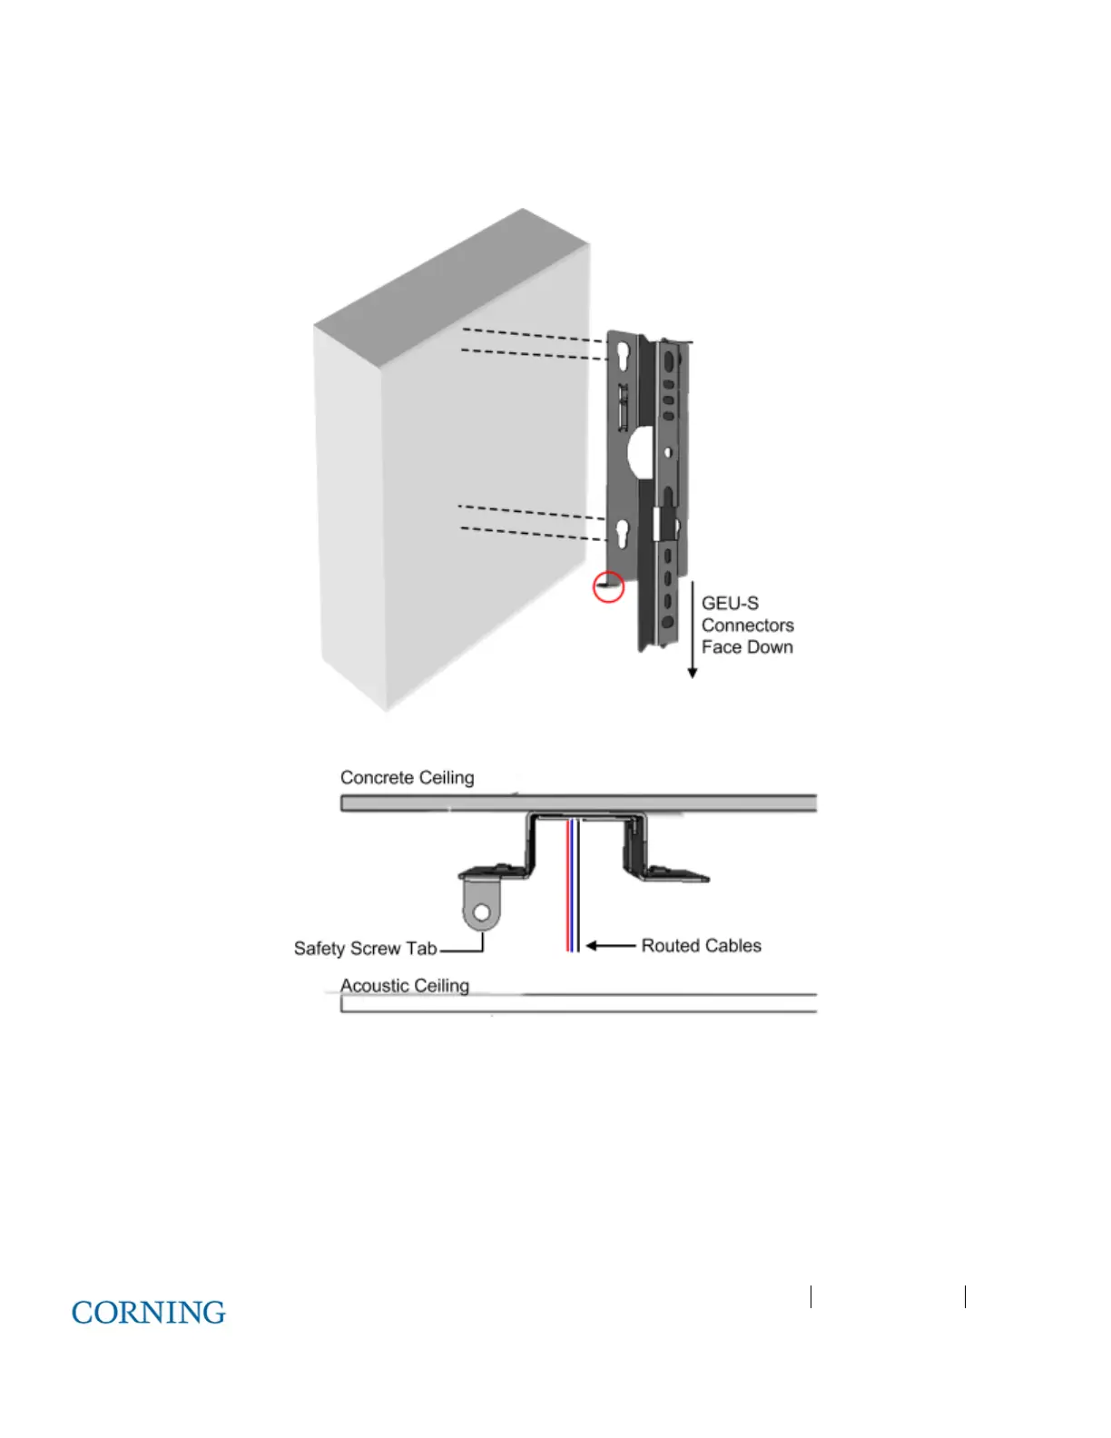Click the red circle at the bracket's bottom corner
[608, 586]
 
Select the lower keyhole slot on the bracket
[623, 533]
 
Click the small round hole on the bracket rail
[668, 451]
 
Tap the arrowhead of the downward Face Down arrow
[693, 673]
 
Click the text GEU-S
[730, 604]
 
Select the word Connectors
[747, 625]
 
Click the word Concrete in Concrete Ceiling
[377, 778]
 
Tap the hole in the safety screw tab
[482, 911]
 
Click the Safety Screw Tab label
[365, 949]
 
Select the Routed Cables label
[701, 946]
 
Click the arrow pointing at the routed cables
[610, 946]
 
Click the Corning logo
[148, 1313]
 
